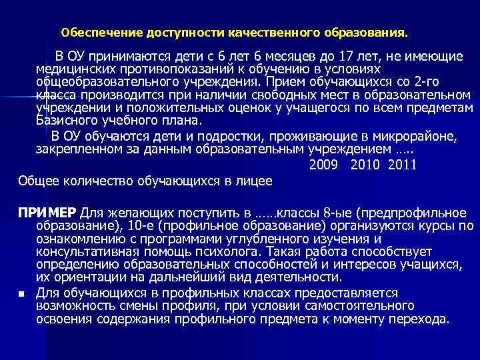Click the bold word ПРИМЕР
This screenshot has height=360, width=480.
[x=47, y=213]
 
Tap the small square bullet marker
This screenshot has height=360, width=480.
[x=22, y=293]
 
